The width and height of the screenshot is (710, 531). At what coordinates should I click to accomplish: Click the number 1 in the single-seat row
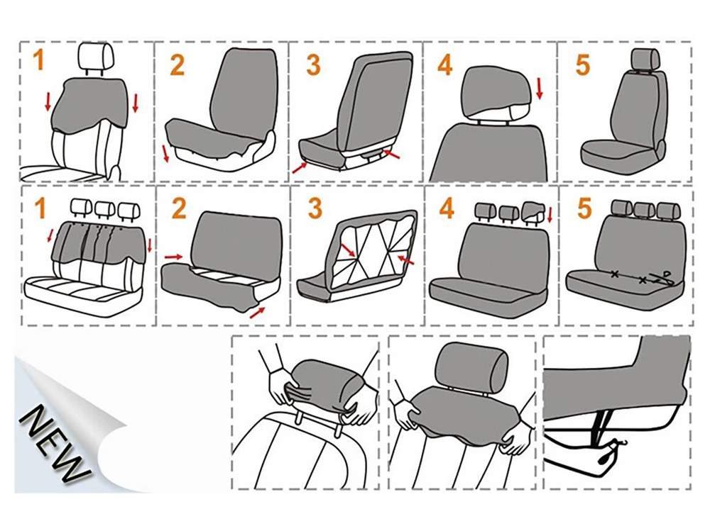[38, 60]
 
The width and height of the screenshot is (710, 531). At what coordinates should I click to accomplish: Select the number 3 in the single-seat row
[313, 65]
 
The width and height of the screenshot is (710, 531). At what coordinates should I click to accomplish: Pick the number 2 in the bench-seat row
[178, 208]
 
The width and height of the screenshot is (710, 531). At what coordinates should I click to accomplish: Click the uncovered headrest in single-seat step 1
[94, 56]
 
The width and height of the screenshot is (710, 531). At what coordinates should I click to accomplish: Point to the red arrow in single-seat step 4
[539, 89]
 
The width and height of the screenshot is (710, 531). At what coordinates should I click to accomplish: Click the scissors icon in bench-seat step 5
[665, 277]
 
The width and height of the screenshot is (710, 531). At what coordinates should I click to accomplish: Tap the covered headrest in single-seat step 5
[643, 60]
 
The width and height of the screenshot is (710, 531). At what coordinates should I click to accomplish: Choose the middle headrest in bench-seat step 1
[104, 207]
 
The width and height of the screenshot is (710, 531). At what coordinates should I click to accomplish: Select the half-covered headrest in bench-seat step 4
[532, 210]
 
